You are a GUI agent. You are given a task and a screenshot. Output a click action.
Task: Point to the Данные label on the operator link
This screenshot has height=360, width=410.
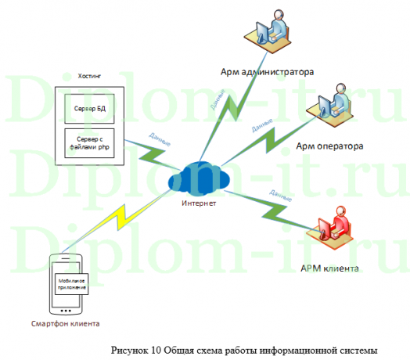tap(261, 124)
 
